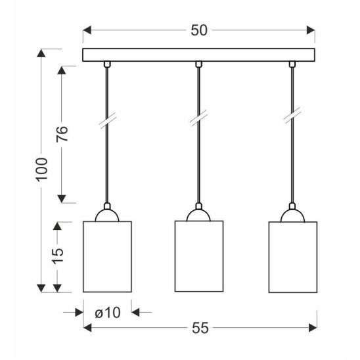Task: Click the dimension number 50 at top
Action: (199, 30)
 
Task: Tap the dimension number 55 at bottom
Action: (200, 328)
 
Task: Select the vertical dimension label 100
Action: (42, 169)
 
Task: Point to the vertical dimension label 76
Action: (62, 134)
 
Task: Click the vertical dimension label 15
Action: (57, 256)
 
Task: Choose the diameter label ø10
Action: (108, 313)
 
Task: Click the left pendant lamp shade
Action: (107, 257)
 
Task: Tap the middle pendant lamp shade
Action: (199, 256)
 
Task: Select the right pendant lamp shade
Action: (293, 257)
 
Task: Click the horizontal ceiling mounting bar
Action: (198, 55)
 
